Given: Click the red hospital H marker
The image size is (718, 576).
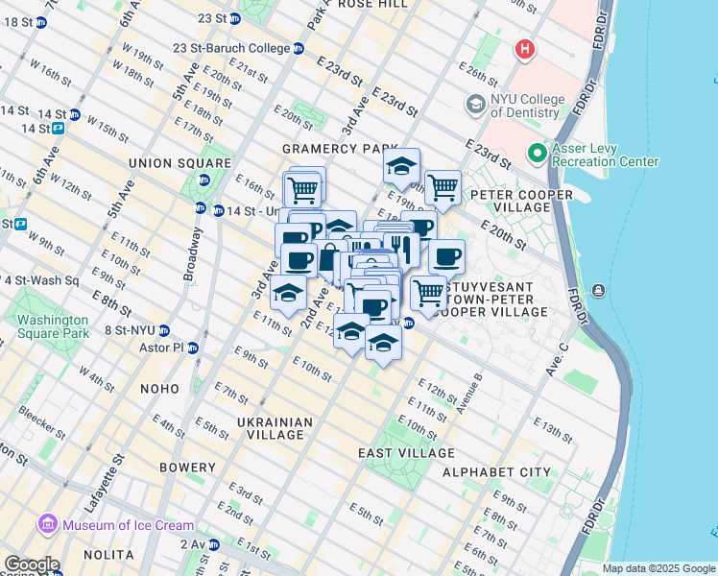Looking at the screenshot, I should pyautogui.click(x=524, y=49).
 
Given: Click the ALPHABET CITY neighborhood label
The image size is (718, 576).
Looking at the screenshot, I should pyautogui.click(x=496, y=472).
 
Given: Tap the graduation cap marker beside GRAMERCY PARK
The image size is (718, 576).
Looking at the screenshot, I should pyautogui.click(x=401, y=167).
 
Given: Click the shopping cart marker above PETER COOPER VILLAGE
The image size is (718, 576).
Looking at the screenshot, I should pyautogui.click(x=442, y=187).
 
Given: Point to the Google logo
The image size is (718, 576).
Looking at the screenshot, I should pyautogui.click(x=32, y=564).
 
